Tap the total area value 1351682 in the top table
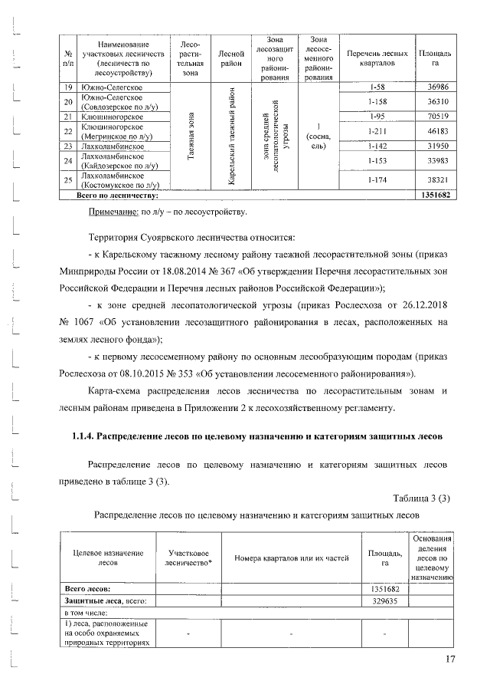pyautogui.click(x=434, y=196)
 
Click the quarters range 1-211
pyautogui.click(x=376, y=133)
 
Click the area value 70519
pyautogui.click(x=434, y=117)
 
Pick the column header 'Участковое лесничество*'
pyautogui.click(x=188, y=558)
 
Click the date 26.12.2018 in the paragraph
pyautogui.click(x=420, y=306)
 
